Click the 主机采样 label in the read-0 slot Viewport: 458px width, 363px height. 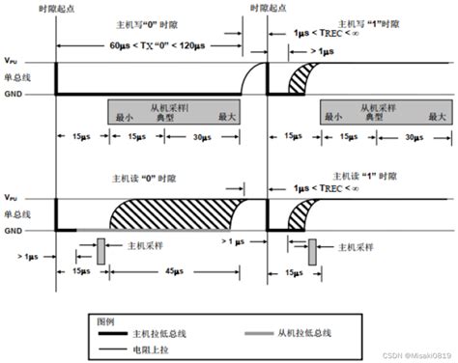140,245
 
